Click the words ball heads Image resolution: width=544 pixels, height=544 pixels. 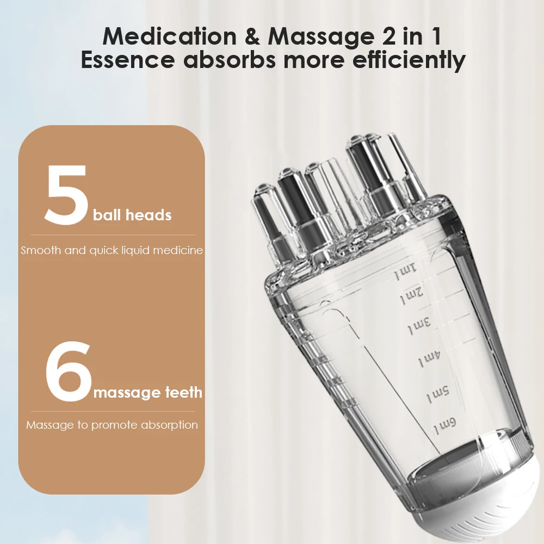tap(132, 215)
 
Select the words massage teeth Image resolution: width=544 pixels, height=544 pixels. tap(148, 392)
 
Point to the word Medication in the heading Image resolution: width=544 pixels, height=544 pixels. tap(169, 36)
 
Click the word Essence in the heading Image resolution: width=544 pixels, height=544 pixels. tap(128, 60)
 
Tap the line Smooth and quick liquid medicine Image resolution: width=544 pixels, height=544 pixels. tap(112, 251)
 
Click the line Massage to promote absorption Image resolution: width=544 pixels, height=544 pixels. tap(112, 425)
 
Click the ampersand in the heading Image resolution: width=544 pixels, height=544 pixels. tap(251, 36)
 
